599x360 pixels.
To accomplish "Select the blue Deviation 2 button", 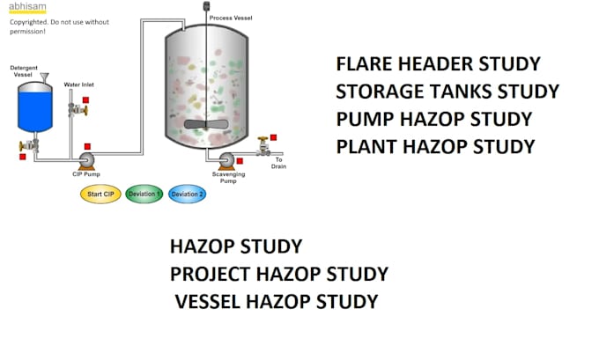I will tap(187, 195).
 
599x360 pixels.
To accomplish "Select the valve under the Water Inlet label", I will tap(77, 110).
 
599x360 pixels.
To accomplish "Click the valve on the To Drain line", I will tap(262, 148).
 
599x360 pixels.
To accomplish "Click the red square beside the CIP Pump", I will tap(87, 146).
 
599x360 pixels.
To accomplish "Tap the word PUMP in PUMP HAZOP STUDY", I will tap(359, 119).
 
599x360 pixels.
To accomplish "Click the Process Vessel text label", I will tap(231, 17).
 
